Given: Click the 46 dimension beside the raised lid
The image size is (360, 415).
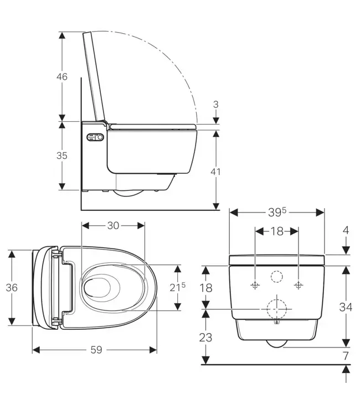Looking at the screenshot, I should click(x=62, y=76).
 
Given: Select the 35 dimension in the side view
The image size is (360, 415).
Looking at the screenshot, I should click(x=62, y=155).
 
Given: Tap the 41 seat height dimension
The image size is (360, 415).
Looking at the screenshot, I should click(x=215, y=172).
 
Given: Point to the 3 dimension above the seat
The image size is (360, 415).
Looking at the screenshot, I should click(x=215, y=104).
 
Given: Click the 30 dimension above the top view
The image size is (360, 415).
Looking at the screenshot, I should click(x=113, y=225).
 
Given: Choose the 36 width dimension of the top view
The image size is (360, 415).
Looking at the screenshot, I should click(x=12, y=287).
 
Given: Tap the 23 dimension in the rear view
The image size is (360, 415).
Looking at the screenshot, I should click(x=206, y=337).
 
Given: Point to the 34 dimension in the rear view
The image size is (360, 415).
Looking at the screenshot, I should click(x=346, y=307).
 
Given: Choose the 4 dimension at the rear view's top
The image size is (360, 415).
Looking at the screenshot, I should click(x=346, y=230).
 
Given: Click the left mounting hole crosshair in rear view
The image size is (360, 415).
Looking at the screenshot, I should click(x=255, y=286).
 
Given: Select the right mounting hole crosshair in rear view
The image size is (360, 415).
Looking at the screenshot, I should click(x=299, y=286).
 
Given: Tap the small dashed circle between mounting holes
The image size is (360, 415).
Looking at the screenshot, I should click(x=276, y=276).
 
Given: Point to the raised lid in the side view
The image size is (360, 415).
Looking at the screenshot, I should click(x=95, y=77).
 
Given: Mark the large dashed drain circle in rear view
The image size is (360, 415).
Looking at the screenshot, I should click(x=276, y=308).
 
